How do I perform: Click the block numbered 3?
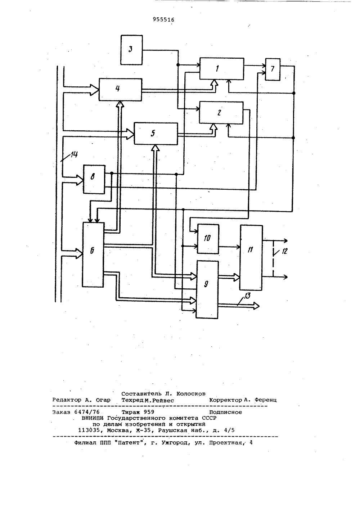[132, 50]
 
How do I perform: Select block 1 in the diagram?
[222, 69]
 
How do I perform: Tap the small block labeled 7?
[273, 69]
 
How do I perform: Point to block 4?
[121, 90]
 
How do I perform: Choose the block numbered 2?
[221, 113]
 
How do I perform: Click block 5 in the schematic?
[156, 134]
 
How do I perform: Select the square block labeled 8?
[94, 179]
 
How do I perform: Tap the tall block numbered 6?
[93, 255]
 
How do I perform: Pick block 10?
[208, 239]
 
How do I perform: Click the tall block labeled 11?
[251, 257]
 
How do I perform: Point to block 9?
[207, 290]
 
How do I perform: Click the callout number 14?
[74, 154]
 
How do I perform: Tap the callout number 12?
[284, 251]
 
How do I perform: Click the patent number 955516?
[163, 20]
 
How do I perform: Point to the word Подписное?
[225, 412]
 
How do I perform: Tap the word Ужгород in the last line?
[175, 443]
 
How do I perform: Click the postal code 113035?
[89, 431]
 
